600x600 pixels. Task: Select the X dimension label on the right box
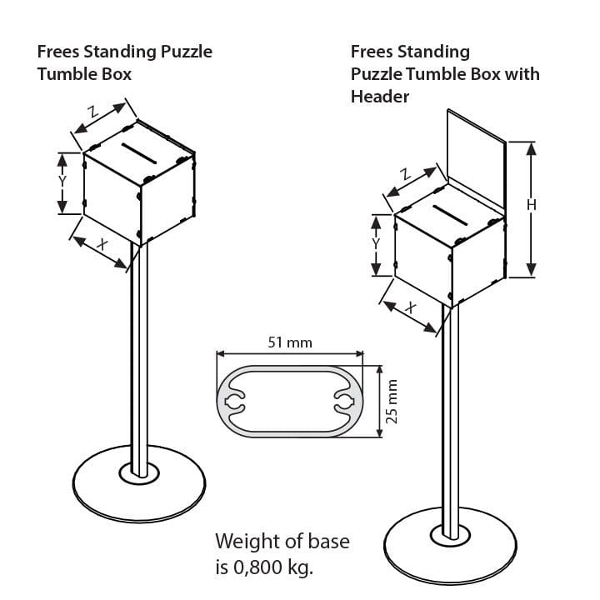coord(410,307)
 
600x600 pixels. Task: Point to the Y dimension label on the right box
coord(376,244)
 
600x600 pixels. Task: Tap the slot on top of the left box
coord(140,152)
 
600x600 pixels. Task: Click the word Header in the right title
coord(379,96)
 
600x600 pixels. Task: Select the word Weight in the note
coord(245,542)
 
